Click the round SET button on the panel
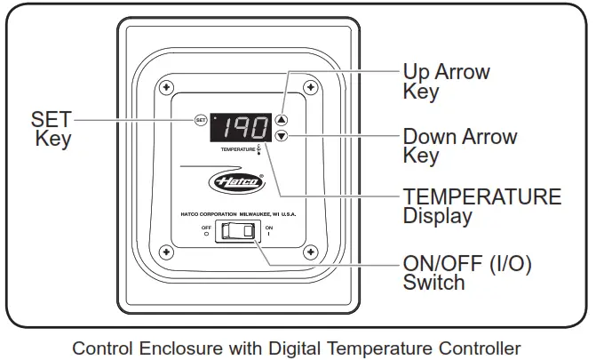coord(201,120)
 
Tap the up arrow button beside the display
coord(282,119)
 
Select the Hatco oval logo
coord(235,182)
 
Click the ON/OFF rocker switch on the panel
coord(238,231)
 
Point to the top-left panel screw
coord(166,87)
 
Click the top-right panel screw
coord(310,87)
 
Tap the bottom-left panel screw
coord(166,253)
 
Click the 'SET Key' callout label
coord(52,129)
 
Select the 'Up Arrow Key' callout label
coord(446,81)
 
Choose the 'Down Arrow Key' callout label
coord(459,147)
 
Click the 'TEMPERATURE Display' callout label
coord(481,205)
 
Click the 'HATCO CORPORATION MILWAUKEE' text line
coord(237,211)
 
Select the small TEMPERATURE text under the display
coord(237,150)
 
